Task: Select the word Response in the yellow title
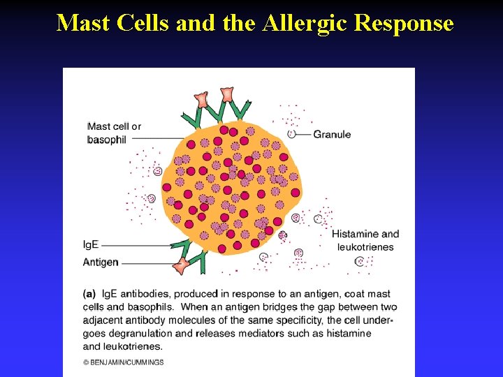pos(404,23)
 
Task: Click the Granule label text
pos(332,134)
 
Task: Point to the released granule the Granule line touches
pos(291,134)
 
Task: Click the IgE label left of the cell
pos(91,245)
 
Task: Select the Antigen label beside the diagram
pos(101,263)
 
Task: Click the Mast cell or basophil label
pos(114,133)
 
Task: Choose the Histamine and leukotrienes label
pos(365,240)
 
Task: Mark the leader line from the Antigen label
pos(143,263)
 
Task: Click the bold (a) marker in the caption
pos(90,294)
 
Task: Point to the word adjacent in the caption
pos(103,320)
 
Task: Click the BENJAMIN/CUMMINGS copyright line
pos(123,362)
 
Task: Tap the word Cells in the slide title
pos(137,23)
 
